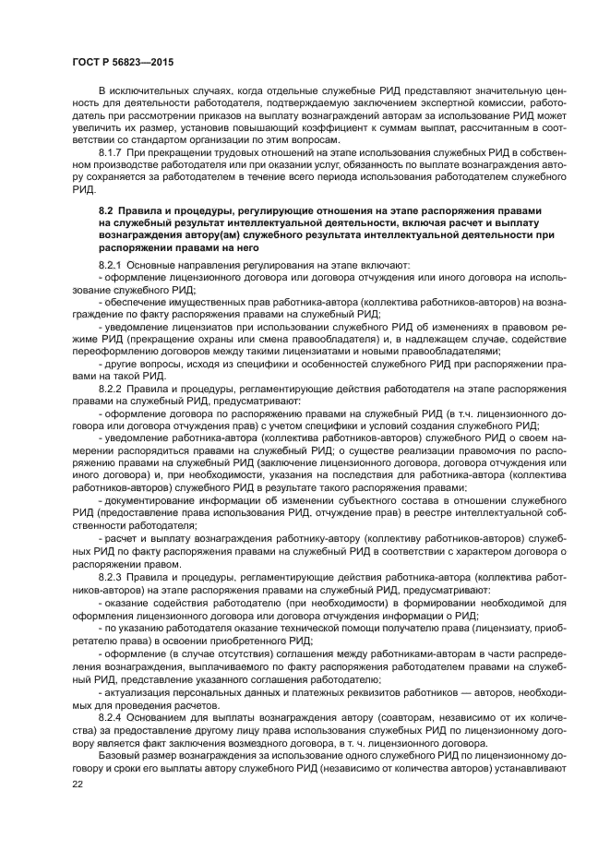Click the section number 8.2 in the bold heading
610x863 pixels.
point(106,211)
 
